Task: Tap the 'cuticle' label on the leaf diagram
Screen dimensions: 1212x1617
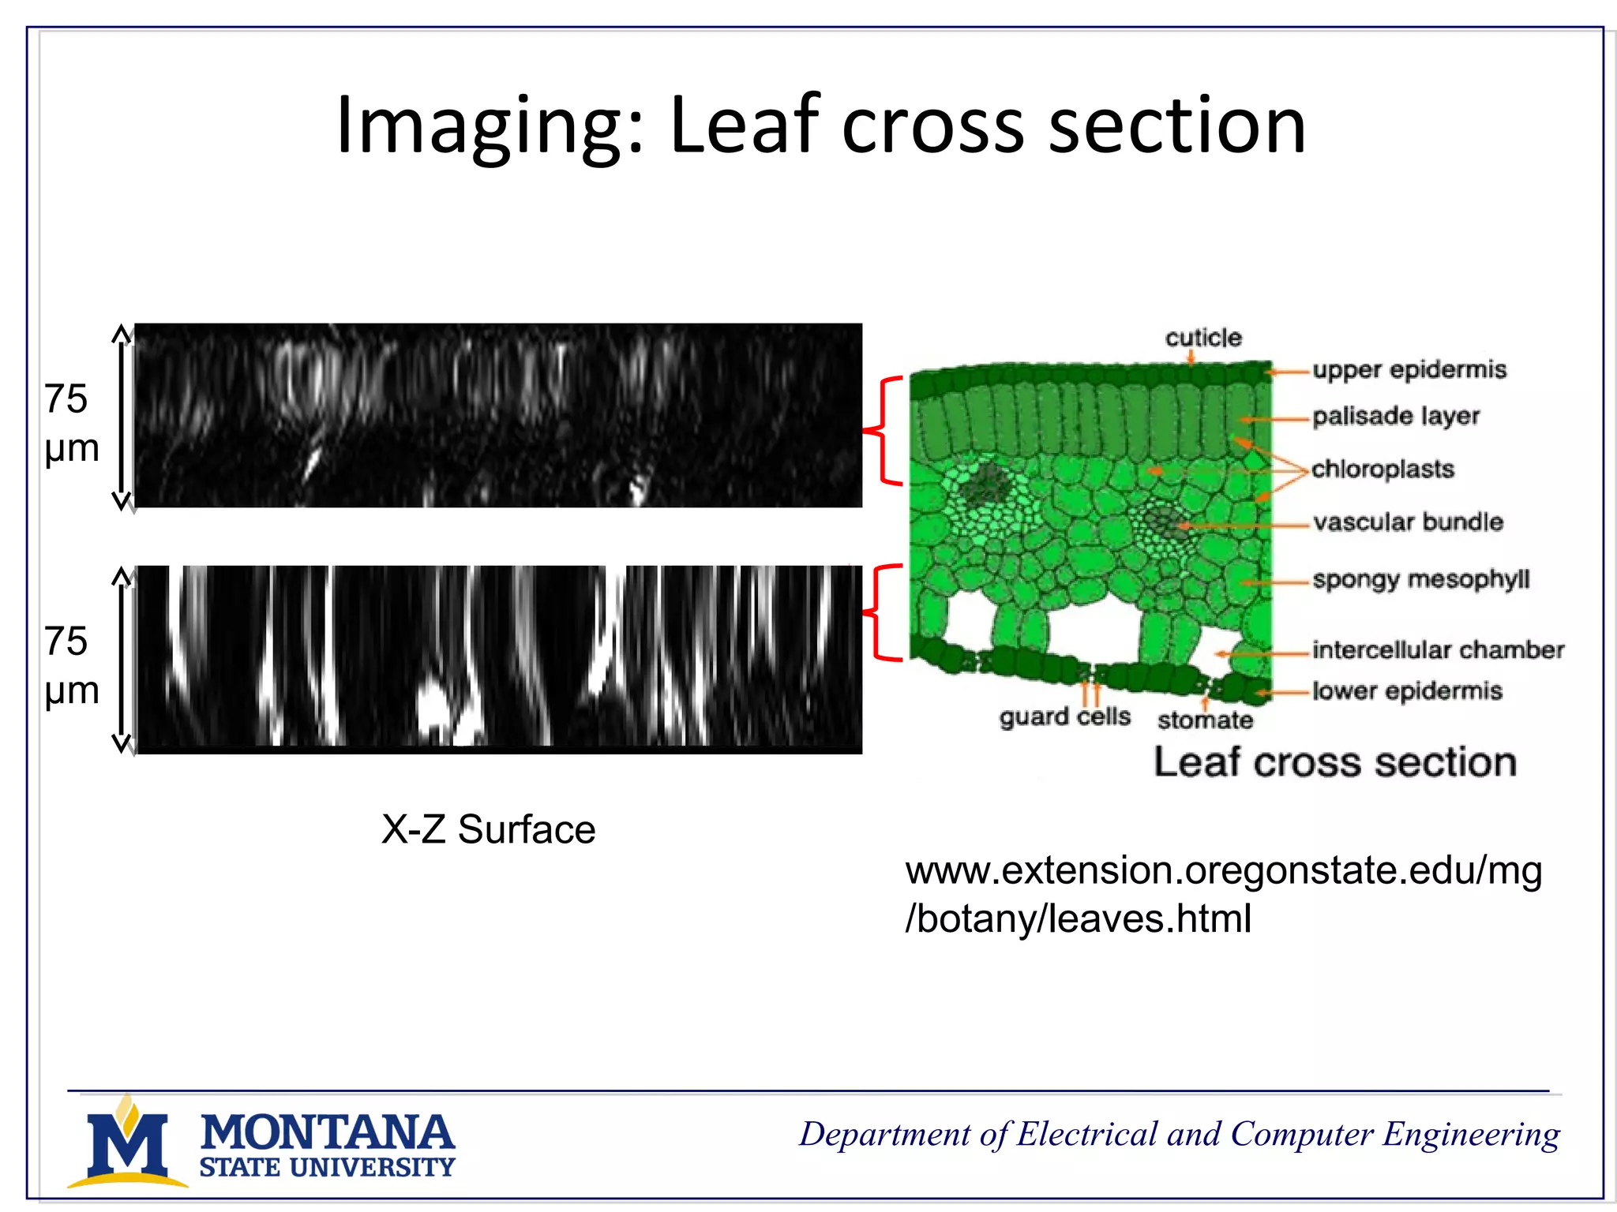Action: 1203,338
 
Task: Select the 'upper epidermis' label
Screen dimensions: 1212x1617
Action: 1409,369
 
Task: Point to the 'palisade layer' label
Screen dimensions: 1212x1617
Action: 1396,416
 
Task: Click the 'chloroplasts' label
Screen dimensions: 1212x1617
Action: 1383,469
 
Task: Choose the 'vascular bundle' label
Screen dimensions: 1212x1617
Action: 1408,522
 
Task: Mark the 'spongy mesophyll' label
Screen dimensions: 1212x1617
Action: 1421,579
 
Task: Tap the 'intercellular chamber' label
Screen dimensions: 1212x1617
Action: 1438,649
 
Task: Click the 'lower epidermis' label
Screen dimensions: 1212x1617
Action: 1407,691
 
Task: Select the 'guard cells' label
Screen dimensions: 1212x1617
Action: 1064,716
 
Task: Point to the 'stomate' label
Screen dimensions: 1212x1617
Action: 1205,720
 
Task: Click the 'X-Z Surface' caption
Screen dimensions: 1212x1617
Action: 488,829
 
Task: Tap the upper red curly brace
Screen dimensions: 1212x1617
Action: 883,431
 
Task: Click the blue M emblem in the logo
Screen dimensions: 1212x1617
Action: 128,1144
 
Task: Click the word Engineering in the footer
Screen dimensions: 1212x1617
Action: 1471,1135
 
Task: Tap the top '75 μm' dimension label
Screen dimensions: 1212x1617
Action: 71,423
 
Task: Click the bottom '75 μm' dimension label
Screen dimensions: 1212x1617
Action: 71,665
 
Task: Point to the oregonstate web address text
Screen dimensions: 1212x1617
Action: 1223,894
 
